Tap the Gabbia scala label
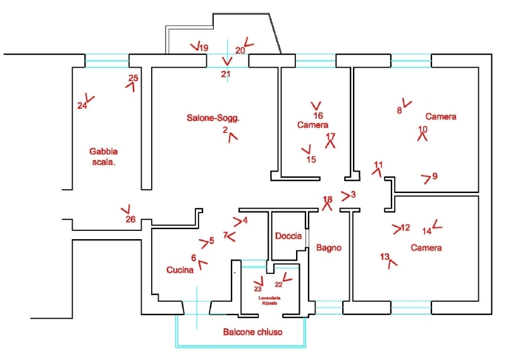[104, 156]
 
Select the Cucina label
[180, 270]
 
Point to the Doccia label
[288, 236]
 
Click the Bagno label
[328, 248]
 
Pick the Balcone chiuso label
[252, 332]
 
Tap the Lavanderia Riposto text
[268, 300]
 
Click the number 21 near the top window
[226, 74]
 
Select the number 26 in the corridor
[130, 220]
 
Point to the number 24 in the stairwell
[82, 106]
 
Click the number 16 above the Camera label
[318, 116]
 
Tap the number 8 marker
[399, 110]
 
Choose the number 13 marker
[385, 257]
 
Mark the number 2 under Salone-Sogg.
[225, 130]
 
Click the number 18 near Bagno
[327, 200]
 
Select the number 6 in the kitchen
[193, 258]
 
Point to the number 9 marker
[435, 176]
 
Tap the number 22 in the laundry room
[278, 285]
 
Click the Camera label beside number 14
[426, 247]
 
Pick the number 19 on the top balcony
[203, 47]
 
